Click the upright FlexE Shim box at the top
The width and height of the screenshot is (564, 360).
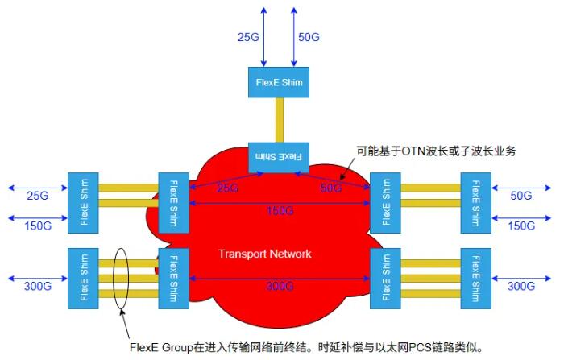[277, 82]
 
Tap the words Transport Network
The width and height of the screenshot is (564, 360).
[264, 254]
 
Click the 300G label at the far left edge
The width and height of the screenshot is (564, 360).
[37, 287]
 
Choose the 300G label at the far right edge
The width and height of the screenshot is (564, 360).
[520, 287]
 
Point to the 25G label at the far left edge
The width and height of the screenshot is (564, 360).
[37, 196]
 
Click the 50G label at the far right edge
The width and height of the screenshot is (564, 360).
[521, 196]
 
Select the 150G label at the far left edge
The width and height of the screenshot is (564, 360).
[37, 226]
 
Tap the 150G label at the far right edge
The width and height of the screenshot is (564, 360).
[520, 226]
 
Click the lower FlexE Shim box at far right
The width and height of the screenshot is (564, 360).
[475, 275]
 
